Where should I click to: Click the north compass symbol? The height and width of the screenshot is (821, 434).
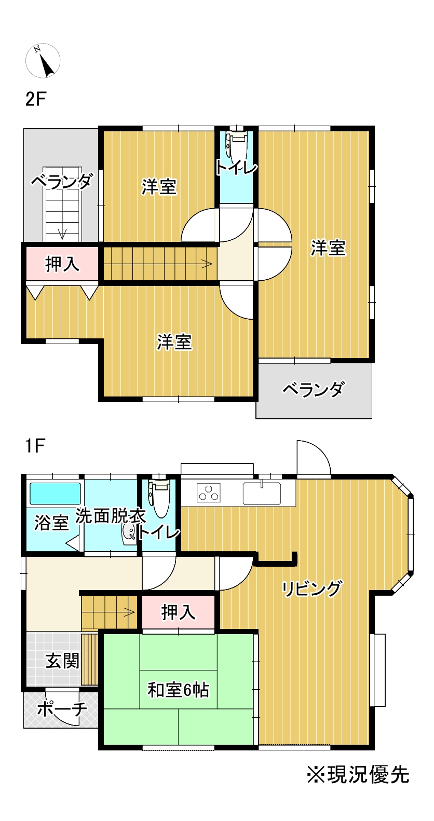[x=43, y=60]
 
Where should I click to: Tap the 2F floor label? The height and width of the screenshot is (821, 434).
[x=35, y=99]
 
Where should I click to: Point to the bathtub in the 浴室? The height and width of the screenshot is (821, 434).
[x=55, y=494]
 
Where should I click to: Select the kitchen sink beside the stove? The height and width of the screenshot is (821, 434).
[x=262, y=494]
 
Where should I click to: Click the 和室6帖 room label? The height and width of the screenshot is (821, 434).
[x=178, y=690]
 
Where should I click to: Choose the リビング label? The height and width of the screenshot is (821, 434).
[x=311, y=589]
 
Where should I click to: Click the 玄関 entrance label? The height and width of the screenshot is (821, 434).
[x=62, y=661]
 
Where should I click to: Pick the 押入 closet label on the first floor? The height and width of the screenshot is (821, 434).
[x=178, y=612]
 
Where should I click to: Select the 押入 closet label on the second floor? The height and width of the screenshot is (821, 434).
[x=62, y=264]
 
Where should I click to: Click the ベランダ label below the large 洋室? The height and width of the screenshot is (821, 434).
[x=313, y=389]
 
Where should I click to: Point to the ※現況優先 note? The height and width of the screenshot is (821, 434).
[x=358, y=775]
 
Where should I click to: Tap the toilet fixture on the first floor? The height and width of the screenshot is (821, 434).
[x=160, y=498]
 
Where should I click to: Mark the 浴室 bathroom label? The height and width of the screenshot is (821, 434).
[x=51, y=523]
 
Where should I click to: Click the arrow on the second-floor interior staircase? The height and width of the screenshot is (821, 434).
[x=206, y=264]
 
